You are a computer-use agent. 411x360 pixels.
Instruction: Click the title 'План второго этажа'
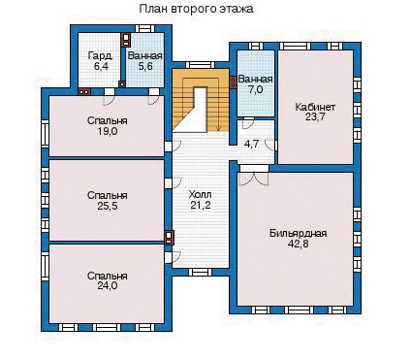(196, 9)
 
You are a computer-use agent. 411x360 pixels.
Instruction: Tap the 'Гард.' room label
(100, 56)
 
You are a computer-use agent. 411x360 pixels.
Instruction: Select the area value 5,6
(144, 66)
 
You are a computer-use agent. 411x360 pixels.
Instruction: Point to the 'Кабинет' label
(315, 107)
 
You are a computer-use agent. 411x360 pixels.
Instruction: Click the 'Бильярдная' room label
(299, 233)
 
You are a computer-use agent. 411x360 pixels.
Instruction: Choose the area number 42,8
(298, 244)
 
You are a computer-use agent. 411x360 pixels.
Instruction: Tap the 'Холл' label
(201, 195)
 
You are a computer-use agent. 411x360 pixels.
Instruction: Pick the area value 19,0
(108, 131)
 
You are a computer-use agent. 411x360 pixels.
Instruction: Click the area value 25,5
(108, 206)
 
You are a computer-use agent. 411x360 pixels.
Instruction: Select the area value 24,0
(108, 286)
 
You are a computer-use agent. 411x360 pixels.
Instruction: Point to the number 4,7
(251, 144)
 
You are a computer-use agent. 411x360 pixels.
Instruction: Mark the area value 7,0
(255, 89)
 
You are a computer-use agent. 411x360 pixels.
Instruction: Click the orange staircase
(201, 100)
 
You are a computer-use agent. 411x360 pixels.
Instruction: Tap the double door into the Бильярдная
(254, 179)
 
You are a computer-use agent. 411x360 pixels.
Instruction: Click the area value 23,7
(315, 117)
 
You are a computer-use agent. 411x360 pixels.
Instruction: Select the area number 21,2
(201, 205)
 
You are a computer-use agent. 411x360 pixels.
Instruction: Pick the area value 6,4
(101, 66)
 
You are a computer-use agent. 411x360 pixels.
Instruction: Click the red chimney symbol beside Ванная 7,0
(233, 82)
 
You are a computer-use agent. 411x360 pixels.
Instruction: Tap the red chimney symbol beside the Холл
(169, 238)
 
